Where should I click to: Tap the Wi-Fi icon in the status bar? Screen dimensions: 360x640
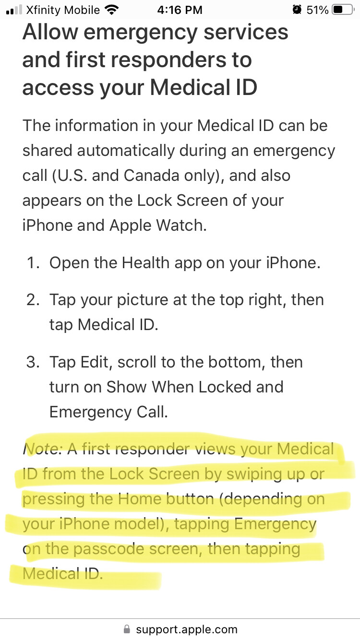tap(112, 10)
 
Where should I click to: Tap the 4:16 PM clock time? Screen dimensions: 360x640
tap(180, 10)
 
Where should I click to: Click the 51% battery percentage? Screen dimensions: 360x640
tap(317, 10)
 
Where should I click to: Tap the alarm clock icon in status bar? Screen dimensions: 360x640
tap(297, 10)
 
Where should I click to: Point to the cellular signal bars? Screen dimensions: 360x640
tap(14, 10)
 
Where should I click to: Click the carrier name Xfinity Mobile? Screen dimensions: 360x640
tap(63, 10)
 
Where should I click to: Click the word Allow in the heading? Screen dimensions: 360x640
tap(50, 32)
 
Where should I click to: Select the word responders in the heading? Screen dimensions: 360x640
tap(168, 60)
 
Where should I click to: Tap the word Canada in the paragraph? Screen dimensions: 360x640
tap(151, 176)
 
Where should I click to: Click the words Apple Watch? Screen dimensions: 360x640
tap(158, 225)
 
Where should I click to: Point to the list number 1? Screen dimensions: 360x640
tap(33, 262)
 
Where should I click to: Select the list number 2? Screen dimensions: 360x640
tap(33, 300)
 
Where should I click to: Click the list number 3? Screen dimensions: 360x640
tap(33, 362)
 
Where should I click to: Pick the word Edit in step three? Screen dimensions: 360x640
tap(95, 362)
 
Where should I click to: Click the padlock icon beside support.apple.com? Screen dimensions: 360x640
tap(126, 629)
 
